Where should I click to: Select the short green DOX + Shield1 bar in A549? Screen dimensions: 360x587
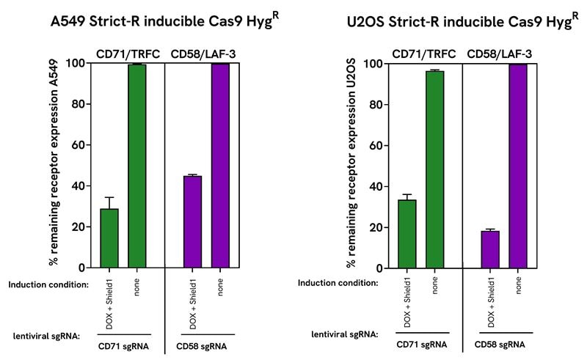pos(109,238)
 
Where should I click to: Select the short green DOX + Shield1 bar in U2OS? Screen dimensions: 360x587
pos(407,234)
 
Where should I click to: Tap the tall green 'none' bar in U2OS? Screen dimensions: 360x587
pos(435,169)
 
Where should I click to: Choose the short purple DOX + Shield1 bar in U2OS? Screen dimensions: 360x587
pos(490,249)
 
